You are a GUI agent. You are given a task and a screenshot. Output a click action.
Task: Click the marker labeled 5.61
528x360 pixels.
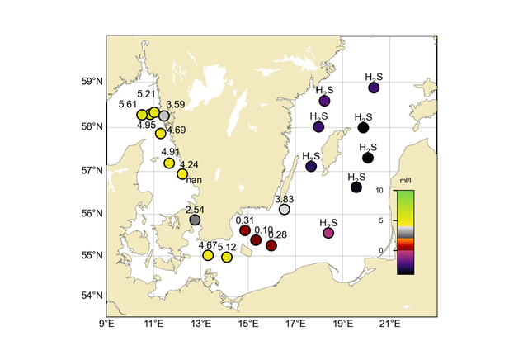142,115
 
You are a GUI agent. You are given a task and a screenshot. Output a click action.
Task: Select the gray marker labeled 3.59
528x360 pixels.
163,116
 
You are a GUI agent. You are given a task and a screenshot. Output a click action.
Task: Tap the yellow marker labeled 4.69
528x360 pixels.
161,133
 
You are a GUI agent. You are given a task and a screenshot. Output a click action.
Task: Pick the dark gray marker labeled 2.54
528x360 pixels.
195,220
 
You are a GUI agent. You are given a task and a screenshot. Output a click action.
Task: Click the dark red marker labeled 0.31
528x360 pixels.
245,230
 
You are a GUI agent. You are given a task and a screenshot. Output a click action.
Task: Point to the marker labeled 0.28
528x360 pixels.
271,245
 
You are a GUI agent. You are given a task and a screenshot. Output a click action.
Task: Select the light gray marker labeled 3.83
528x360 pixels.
285,210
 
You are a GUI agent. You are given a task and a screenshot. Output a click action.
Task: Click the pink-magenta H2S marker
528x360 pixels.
328,233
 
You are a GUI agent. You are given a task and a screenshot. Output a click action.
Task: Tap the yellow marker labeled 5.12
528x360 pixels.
227,257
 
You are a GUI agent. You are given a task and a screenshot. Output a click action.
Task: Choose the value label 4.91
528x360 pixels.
171,152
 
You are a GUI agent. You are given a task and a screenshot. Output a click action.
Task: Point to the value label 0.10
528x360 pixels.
264,230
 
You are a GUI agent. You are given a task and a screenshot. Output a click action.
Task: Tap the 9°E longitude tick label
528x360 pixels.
106,324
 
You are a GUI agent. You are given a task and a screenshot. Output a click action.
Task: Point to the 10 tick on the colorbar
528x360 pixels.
381,191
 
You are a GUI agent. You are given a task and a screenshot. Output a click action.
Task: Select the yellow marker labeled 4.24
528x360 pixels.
182,174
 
